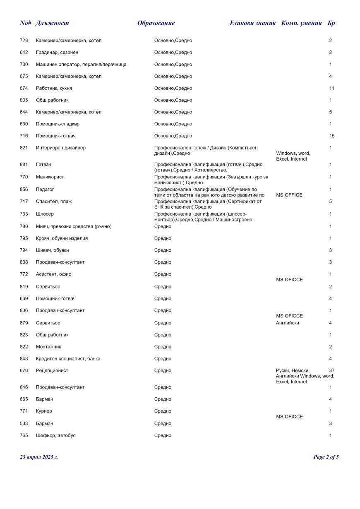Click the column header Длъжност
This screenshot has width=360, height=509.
[x=52, y=23]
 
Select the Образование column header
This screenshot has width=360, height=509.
[x=156, y=23]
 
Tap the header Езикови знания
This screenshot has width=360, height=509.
[x=252, y=23]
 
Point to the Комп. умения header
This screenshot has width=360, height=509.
[x=301, y=23]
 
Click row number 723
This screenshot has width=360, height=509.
[x=24, y=41]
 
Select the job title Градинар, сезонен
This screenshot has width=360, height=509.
[x=57, y=53]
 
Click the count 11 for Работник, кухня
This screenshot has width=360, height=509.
[x=332, y=88]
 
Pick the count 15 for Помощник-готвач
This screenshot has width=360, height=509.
[x=332, y=136]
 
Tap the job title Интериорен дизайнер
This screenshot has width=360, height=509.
[x=61, y=148]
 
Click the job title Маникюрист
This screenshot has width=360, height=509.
[x=50, y=177]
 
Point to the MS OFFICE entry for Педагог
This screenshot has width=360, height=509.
[x=289, y=195]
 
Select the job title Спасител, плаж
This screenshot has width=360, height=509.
[x=54, y=202]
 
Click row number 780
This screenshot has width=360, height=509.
[x=24, y=226]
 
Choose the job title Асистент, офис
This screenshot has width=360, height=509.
[x=53, y=274]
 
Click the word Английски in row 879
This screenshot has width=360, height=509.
[x=287, y=323]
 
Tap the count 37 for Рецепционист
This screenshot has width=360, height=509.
[x=331, y=370]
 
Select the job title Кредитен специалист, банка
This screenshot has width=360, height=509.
[x=68, y=358]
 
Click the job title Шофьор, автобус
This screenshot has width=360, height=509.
[x=56, y=435]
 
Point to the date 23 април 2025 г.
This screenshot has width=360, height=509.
[x=39, y=457]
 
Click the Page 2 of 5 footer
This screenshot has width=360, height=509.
[x=326, y=457]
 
